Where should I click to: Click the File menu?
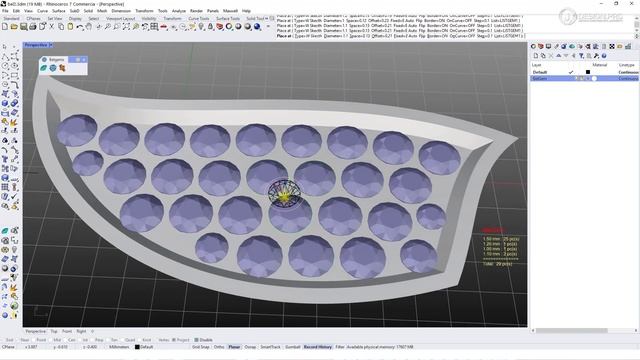(x=6, y=11)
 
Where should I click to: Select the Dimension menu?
(x=120, y=11)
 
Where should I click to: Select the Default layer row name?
(x=540, y=72)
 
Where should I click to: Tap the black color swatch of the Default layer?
(x=588, y=72)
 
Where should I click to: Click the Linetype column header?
(x=627, y=64)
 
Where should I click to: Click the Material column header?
(x=600, y=64)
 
